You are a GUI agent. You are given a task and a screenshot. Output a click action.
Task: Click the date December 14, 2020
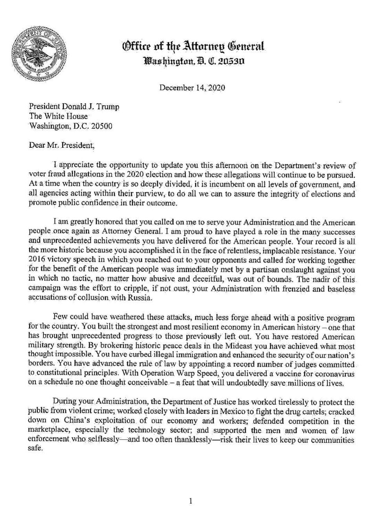pos(192,88)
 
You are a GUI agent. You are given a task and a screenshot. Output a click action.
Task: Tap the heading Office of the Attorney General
pos(194,46)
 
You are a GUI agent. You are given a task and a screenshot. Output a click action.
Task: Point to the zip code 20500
pos(102,126)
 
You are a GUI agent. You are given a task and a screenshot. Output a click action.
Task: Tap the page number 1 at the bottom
pos(190,501)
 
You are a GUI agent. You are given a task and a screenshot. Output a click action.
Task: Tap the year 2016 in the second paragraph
pos(38,260)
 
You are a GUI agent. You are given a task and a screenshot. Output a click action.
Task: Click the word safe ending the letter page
pos(35,449)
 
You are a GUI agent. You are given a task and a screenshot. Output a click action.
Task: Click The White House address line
pos(58,116)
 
